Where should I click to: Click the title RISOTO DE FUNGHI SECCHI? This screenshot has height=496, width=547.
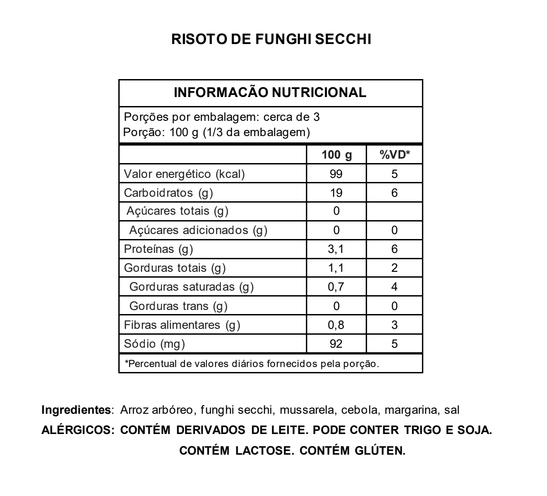(271, 39)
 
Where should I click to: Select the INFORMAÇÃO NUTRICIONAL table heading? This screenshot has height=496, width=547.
(270, 93)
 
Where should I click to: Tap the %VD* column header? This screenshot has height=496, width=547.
(395, 155)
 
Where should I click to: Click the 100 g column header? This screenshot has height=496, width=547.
(336, 155)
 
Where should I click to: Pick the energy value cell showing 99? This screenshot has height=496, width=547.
(336, 174)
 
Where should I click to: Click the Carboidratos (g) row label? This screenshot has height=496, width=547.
(168, 193)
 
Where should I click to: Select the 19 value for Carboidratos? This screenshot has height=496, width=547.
(336, 193)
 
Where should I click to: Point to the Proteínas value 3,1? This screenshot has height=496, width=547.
(336, 249)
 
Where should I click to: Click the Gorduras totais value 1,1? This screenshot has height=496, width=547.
(336, 268)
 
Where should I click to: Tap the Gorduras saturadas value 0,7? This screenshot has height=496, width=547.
(336, 287)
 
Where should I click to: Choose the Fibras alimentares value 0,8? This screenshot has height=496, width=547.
(336, 325)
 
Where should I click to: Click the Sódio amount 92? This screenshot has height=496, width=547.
(336, 344)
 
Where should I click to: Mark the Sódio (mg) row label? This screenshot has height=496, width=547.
(154, 344)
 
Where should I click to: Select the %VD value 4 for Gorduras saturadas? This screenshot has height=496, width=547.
(395, 287)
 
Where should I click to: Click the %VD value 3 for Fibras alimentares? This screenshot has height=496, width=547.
(395, 325)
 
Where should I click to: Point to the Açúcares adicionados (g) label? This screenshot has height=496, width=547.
(198, 230)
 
